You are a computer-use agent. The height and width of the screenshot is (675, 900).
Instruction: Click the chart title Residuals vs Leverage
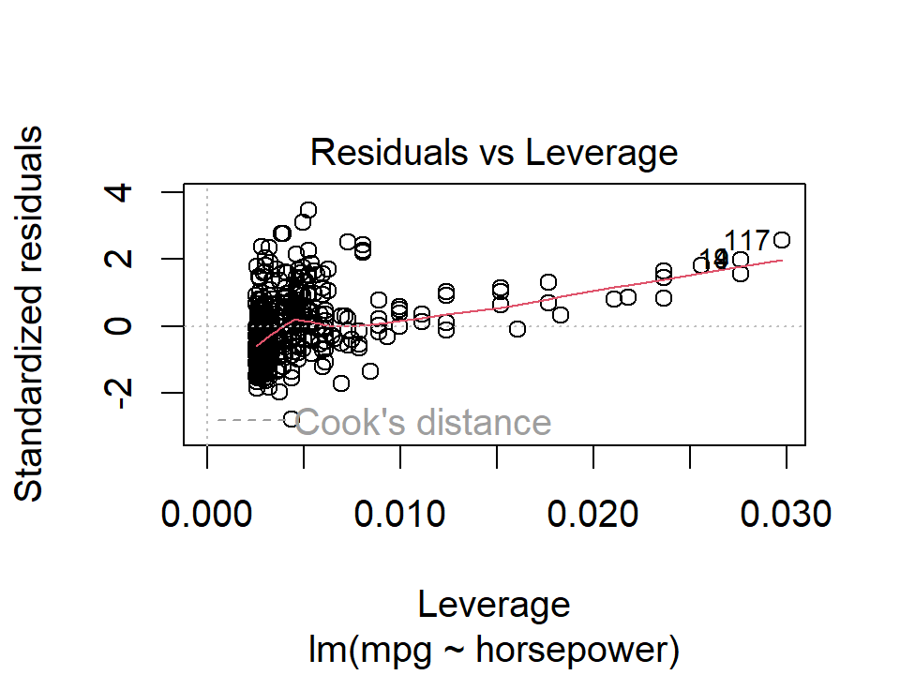click(494, 151)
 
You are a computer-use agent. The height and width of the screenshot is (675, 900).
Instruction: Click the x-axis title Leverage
click(494, 604)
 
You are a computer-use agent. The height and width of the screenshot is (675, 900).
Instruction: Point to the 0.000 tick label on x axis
click(207, 514)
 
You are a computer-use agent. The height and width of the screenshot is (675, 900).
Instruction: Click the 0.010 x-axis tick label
click(400, 514)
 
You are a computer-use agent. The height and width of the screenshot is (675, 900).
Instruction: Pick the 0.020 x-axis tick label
click(593, 514)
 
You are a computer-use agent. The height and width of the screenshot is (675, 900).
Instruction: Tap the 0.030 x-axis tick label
click(786, 514)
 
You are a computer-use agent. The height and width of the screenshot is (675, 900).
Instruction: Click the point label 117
click(747, 242)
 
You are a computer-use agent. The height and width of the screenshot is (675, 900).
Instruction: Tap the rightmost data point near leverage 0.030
click(782, 240)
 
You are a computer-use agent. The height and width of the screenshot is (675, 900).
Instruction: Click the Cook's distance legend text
click(424, 423)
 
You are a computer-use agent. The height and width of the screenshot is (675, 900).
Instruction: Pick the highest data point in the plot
click(308, 209)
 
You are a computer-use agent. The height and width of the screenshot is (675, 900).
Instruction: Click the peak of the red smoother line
click(295, 320)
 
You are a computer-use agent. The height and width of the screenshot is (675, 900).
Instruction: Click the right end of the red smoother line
click(782, 261)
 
